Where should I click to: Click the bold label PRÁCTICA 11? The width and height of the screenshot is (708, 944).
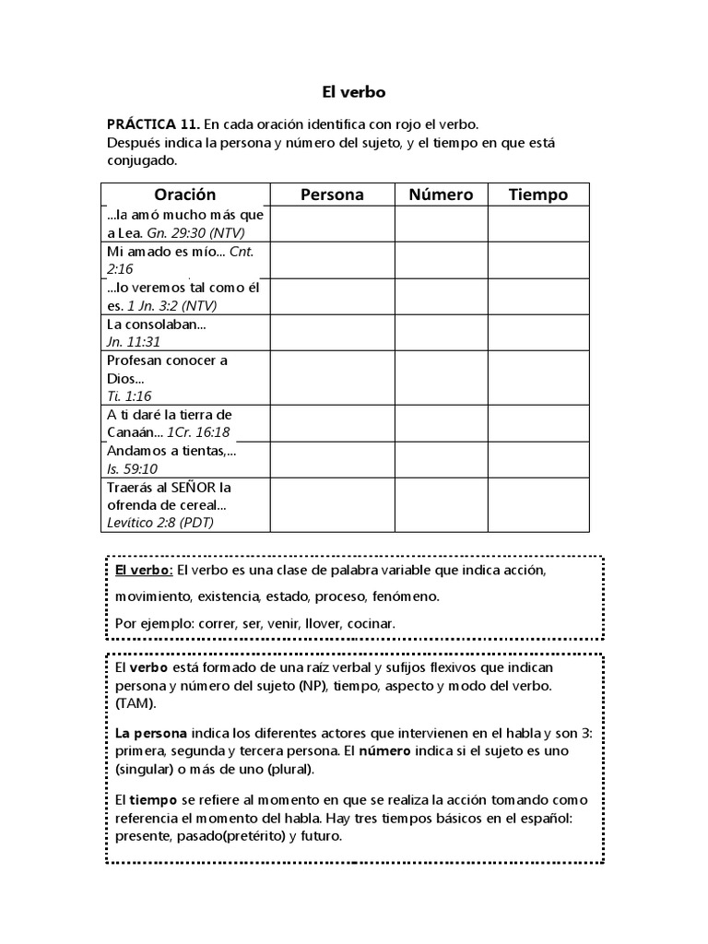tap(152, 124)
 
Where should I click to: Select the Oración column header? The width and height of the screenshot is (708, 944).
tap(184, 195)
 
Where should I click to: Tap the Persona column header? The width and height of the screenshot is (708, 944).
tap(332, 195)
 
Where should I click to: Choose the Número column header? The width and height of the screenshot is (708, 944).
tap(441, 195)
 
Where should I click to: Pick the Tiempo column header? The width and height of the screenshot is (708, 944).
tap(538, 195)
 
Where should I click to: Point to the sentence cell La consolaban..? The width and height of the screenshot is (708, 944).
tap(157, 324)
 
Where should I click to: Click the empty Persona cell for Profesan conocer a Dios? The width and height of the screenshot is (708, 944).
tap(332, 378)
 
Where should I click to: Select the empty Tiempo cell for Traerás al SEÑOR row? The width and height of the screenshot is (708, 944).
tap(538, 504)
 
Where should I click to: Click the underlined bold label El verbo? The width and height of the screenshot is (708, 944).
tap(143, 571)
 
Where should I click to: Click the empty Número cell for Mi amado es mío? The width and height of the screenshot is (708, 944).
tap(441, 260)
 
